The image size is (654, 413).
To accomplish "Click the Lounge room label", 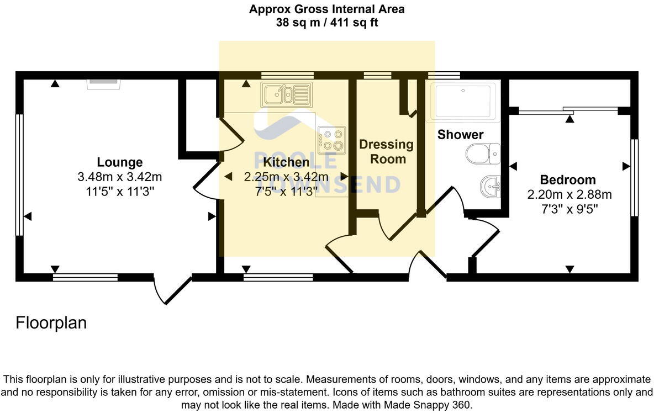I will [120, 162].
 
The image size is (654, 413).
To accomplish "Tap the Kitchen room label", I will [286, 162].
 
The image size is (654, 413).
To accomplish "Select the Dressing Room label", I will [386, 152].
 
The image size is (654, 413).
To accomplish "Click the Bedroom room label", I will [568, 180].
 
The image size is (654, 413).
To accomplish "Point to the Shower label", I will [460, 135].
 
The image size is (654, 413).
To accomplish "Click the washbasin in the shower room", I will [489, 186].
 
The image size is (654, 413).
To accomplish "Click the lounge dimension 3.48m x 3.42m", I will [120, 177].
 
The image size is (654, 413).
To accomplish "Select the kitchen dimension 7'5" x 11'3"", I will [286, 191].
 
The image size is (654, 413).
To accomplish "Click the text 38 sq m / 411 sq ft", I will [327, 23].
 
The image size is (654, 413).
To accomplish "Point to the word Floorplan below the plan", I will [51, 323].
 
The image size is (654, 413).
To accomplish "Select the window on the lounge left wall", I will [19, 175].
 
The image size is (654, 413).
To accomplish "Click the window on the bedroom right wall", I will [634, 177].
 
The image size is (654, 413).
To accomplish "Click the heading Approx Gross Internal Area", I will [327, 9].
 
